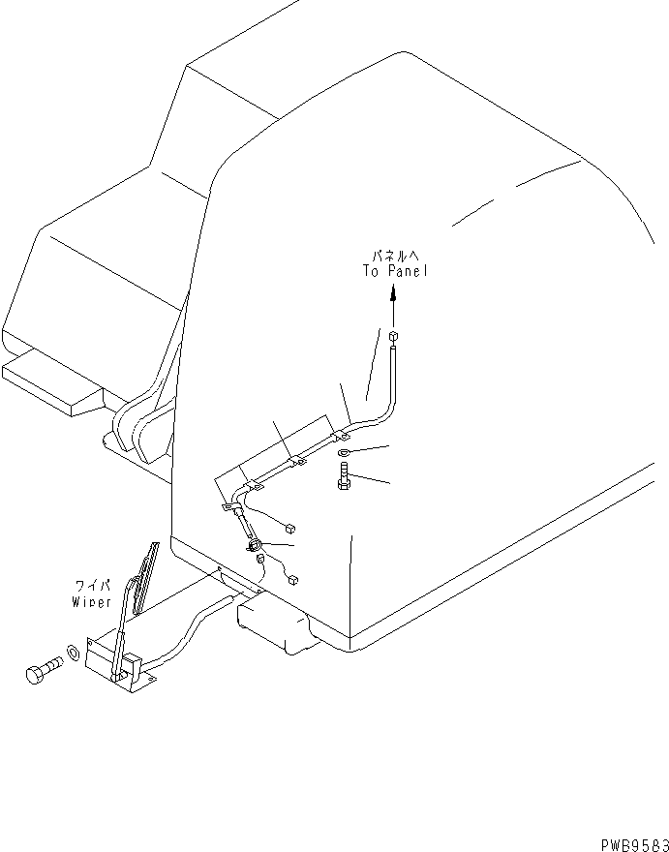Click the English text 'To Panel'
tap(394, 272)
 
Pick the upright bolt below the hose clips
tap(345, 476)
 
